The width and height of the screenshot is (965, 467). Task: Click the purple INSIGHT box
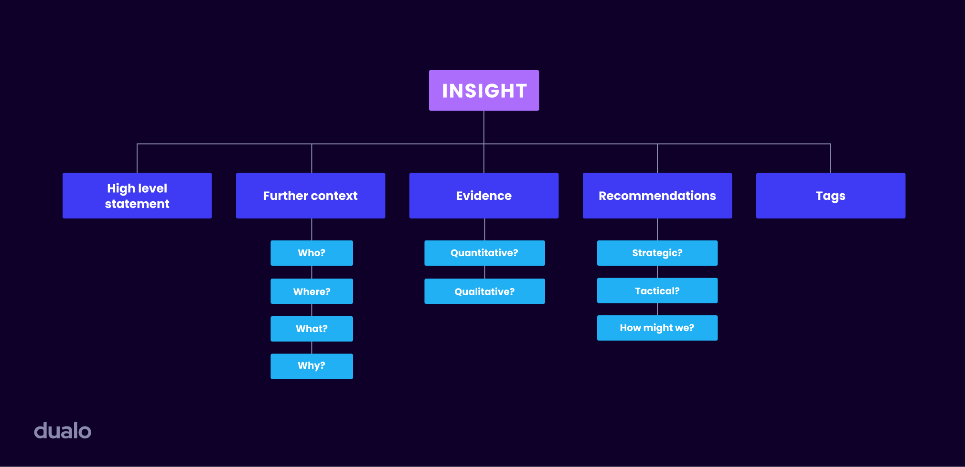(x=483, y=91)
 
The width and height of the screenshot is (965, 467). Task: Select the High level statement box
(x=137, y=196)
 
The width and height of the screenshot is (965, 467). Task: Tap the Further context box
(x=311, y=196)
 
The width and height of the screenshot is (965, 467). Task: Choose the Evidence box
(x=483, y=196)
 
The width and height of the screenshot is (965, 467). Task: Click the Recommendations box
(x=657, y=196)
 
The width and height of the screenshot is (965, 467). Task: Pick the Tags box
(x=830, y=196)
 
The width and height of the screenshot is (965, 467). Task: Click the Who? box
(x=311, y=253)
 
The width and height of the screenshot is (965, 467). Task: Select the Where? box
(x=311, y=291)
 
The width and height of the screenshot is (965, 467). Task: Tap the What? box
(x=311, y=329)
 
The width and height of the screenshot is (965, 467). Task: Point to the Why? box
(x=311, y=366)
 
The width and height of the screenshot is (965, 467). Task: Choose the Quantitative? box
(x=484, y=253)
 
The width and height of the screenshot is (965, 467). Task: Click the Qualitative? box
(x=484, y=291)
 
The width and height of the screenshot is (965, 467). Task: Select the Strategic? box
(x=657, y=253)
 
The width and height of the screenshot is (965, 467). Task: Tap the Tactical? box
(x=657, y=291)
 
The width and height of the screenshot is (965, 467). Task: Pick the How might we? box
(x=657, y=328)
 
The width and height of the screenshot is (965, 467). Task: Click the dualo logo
(x=63, y=431)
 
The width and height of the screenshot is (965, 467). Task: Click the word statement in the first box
(x=137, y=204)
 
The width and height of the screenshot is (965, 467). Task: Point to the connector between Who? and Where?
(x=312, y=272)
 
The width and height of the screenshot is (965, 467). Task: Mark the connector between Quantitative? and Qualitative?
(x=485, y=272)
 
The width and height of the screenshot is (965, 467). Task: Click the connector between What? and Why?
(x=312, y=347)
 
